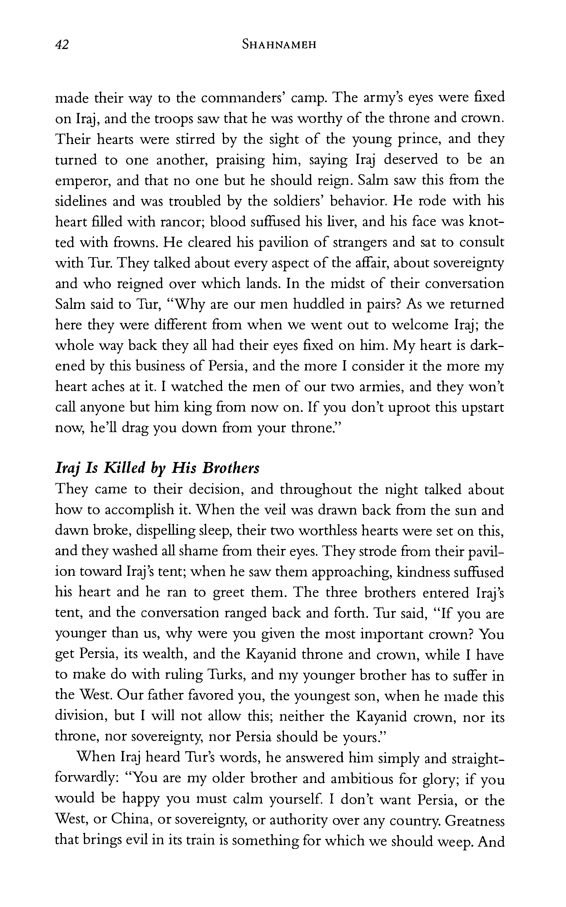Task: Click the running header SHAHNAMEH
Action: (279, 45)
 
